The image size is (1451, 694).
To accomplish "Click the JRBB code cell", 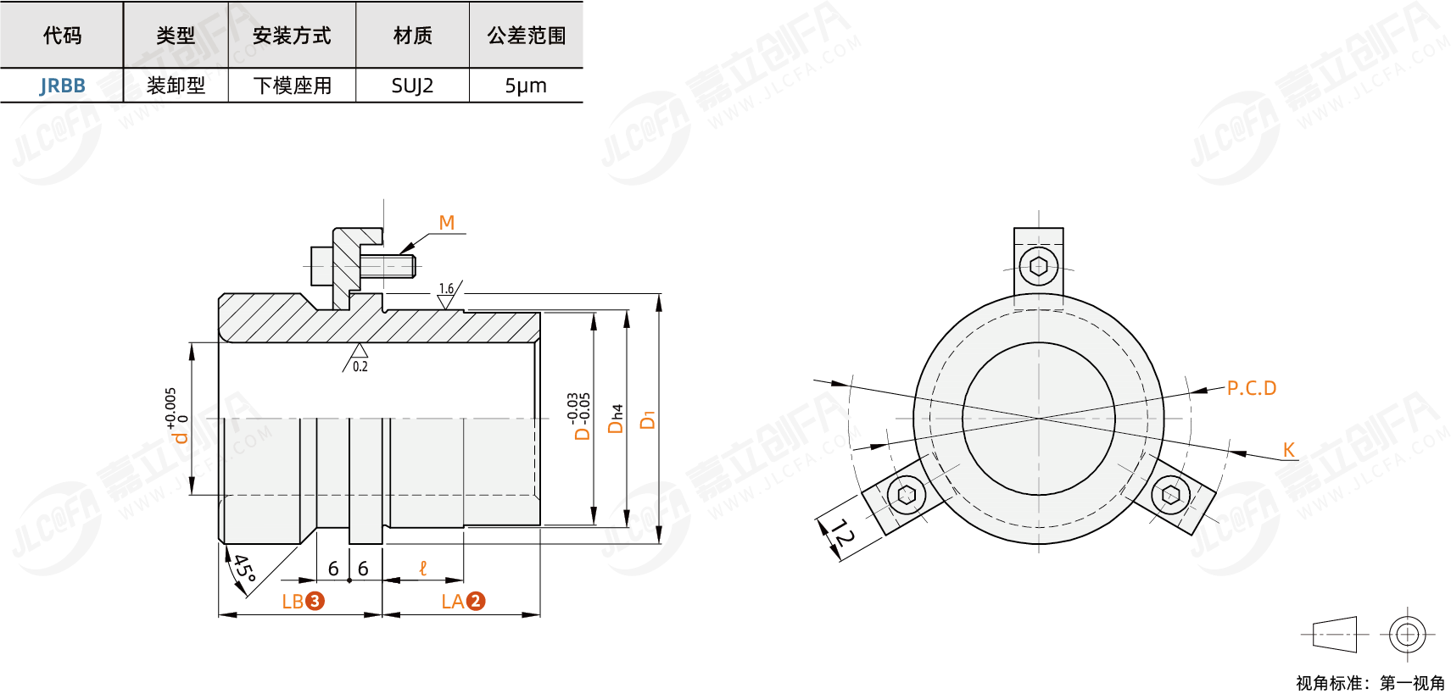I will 62,86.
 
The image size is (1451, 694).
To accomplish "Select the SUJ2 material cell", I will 412,86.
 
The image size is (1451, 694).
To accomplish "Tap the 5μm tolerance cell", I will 526,86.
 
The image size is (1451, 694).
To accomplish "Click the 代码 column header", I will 62,36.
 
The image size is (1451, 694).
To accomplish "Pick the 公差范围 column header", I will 526,36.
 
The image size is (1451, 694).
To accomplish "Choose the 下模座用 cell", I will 292,86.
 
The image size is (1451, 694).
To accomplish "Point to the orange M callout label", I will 447,223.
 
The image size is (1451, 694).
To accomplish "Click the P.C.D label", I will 1251,388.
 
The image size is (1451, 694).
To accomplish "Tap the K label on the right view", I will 1288,450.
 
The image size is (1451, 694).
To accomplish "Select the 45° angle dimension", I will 243,567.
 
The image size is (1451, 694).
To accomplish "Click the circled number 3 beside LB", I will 315,601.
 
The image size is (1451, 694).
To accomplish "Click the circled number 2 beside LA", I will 475,601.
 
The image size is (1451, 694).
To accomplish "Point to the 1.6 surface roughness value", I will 446,288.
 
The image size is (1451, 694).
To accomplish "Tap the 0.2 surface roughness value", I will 360,366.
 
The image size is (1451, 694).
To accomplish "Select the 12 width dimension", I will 841,533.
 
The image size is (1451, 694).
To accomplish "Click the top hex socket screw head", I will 1038,267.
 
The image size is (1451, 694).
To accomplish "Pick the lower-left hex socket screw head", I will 906,493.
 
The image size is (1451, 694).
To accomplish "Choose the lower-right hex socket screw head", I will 1171,493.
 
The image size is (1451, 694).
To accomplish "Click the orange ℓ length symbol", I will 423,568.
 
